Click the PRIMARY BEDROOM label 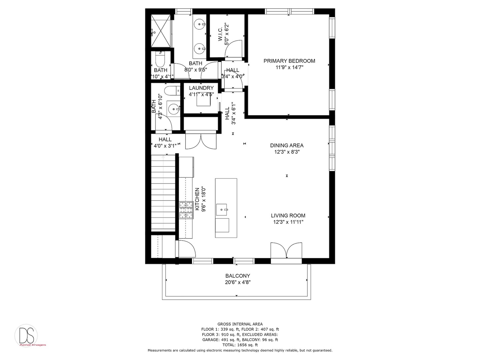pos(289,61)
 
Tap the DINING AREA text pos(287,145)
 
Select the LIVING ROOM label pos(288,216)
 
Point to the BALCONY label pos(237,276)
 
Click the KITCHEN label pos(197,199)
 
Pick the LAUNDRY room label pos(201,88)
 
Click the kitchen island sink pos(223,210)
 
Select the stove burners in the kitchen pos(186,210)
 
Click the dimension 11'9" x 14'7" pos(289,67)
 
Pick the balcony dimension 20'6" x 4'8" pos(237,282)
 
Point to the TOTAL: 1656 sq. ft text pos(240,345)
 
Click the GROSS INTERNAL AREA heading pos(240,324)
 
